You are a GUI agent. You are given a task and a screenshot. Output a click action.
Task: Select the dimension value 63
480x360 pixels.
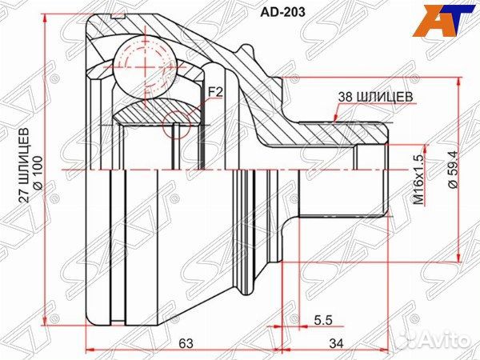185,344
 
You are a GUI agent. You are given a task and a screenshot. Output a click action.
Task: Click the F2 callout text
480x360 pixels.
214,94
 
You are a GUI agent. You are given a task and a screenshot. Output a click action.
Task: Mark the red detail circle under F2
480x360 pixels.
178,125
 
